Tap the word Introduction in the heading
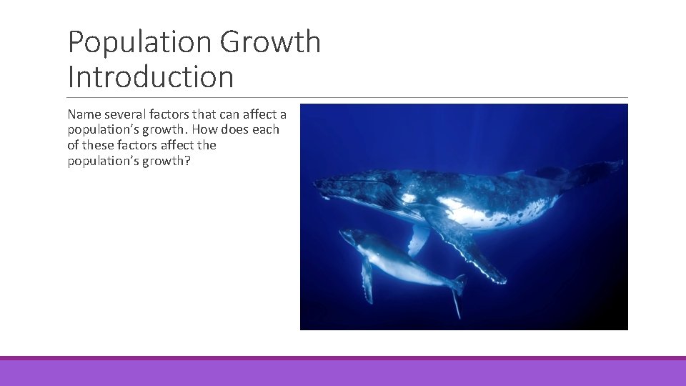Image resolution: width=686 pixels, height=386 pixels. click(x=151, y=77)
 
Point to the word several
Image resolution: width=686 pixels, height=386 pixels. click(x=126, y=114)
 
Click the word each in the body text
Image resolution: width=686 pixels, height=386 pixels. click(x=266, y=129)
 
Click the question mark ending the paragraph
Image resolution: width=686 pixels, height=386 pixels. click(x=187, y=160)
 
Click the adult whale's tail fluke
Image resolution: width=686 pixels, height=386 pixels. click(x=597, y=172)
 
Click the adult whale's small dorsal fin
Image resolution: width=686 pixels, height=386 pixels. click(x=513, y=174)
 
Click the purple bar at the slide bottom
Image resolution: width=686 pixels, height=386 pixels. click(x=343, y=372)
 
